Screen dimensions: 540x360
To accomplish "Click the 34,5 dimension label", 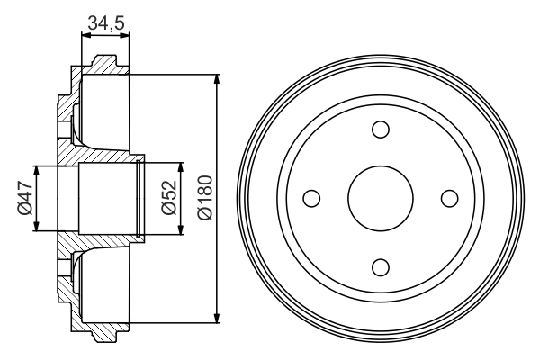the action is (x=105, y=22).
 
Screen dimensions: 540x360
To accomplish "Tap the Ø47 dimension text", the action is (x=25, y=199).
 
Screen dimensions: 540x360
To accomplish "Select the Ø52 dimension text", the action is (x=169, y=198).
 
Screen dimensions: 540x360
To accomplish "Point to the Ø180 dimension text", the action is (x=205, y=197).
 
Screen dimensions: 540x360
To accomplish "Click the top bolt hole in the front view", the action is (x=381, y=130).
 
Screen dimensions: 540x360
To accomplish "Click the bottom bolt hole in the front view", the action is (x=381, y=267).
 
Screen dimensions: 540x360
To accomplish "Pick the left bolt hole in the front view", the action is (x=311, y=198).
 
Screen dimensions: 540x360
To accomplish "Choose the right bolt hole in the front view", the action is (x=449, y=198).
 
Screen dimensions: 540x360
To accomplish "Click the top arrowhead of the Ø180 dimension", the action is (x=217, y=79).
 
